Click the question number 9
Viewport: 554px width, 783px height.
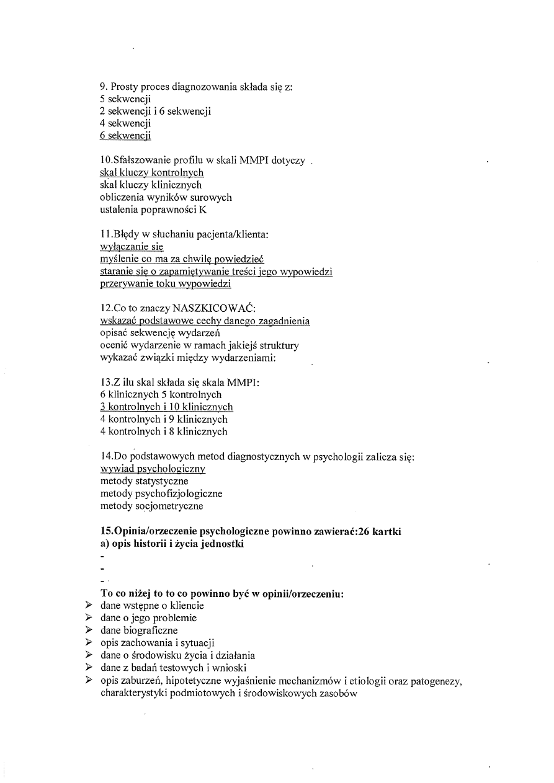coord(103,87)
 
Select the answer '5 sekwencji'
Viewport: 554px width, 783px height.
coord(125,99)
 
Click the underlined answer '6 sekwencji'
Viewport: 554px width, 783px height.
coord(125,136)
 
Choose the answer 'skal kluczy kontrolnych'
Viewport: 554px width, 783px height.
coord(152,173)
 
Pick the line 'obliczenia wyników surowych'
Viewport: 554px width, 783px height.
coord(166,197)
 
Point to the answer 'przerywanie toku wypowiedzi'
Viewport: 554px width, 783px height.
coord(166,284)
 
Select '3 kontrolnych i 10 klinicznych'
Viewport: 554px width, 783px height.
coord(166,407)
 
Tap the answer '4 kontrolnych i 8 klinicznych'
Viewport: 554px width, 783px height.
coord(164,431)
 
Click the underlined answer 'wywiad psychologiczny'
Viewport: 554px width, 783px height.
coord(153,469)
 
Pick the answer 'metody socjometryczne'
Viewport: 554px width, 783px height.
coord(151,506)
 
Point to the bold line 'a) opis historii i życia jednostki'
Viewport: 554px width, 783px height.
coord(172,544)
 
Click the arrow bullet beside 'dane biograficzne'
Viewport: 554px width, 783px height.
coord(89,630)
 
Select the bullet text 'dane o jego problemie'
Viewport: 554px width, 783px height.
coord(148,618)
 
